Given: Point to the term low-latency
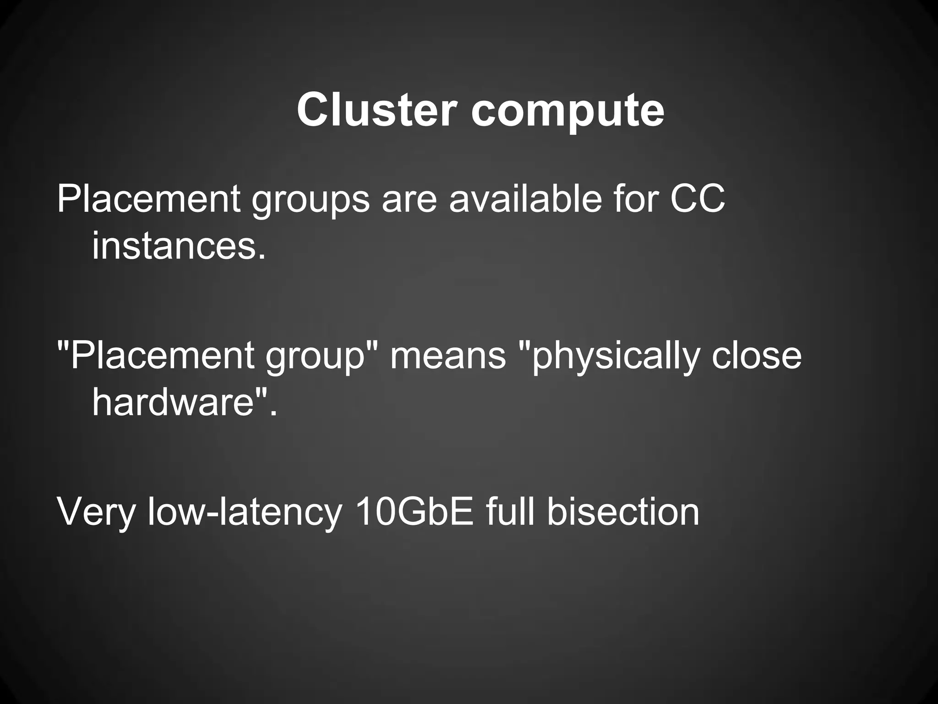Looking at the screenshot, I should [x=245, y=512].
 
